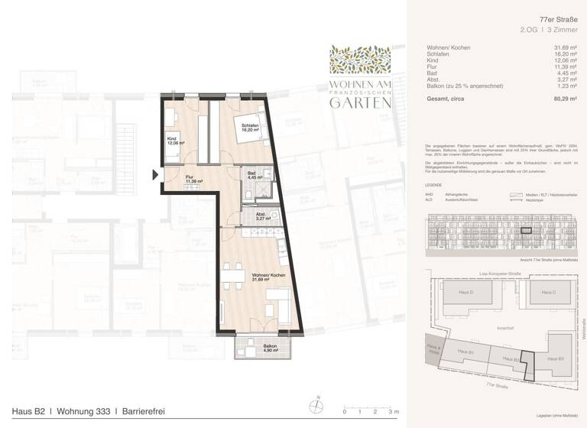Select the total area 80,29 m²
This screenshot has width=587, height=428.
click(x=566, y=99)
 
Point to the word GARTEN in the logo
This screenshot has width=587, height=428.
click(x=360, y=103)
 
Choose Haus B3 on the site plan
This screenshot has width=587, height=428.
click(x=554, y=358)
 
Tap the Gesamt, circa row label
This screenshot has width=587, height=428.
click(x=444, y=99)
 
